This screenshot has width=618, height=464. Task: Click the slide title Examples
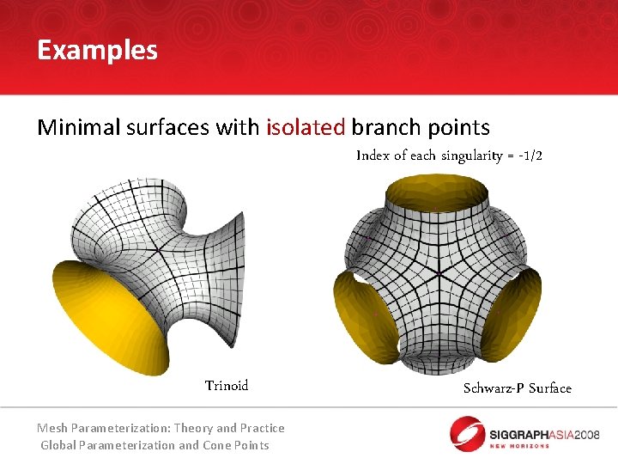coord(97,50)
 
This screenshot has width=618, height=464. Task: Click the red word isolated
coord(306,128)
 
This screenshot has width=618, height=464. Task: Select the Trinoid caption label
coord(227,385)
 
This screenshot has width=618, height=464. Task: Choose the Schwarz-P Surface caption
coord(517,388)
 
